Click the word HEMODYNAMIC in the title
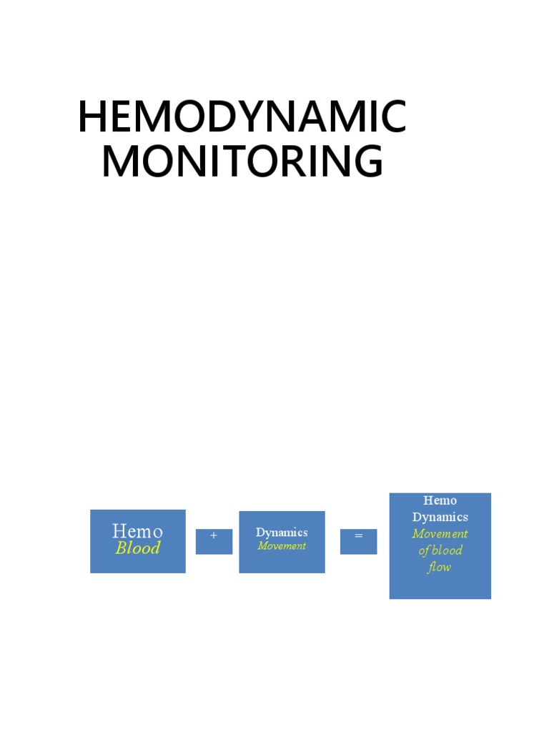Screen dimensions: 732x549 pyautogui.click(x=242, y=117)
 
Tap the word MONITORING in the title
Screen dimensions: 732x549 pyautogui.click(x=242, y=162)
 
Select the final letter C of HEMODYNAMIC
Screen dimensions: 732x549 pyautogui.click(x=392, y=117)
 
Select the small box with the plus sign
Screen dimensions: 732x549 pyautogui.click(x=214, y=541)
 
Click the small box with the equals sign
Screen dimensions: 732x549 pyautogui.click(x=358, y=541)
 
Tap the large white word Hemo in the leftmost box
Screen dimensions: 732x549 pyautogui.click(x=137, y=531)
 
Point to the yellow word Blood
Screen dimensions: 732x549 pyautogui.click(x=137, y=548)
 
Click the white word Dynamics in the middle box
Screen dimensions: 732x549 pyautogui.click(x=282, y=533)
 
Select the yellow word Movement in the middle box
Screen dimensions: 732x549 pyautogui.click(x=282, y=546)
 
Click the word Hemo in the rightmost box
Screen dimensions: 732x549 pyautogui.click(x=440, y=500)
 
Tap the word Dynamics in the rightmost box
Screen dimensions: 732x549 pyautogui.click(x=440, y=517)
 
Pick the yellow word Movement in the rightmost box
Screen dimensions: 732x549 pyautogui.click(x=440, y=534)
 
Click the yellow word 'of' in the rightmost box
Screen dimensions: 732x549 pyautogui.click(x=424, y=550)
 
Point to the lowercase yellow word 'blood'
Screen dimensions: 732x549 pyautogui.click(x=447, y=550)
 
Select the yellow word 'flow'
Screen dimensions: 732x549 pyautogui.click(x=440, y=568)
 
